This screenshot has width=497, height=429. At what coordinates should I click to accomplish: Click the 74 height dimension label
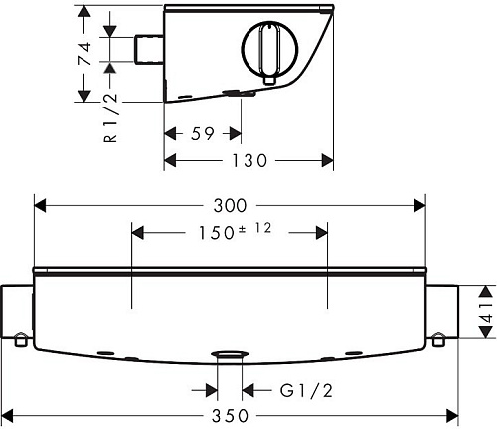[84, 53]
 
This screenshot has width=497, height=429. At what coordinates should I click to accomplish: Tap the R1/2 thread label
[111, 117]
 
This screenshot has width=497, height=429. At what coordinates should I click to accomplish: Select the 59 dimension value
[203, 134]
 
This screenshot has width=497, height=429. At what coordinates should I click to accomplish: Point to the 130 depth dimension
[249, 161]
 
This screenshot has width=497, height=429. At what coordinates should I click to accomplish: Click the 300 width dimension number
[230, 206]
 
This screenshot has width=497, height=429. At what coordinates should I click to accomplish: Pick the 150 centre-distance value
[216, 233]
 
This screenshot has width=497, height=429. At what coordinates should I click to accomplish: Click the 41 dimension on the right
[486, 313]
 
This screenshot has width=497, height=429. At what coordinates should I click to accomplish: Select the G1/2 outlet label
[306, 391]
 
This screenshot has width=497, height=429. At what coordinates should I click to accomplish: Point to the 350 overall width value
[230, 416]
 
